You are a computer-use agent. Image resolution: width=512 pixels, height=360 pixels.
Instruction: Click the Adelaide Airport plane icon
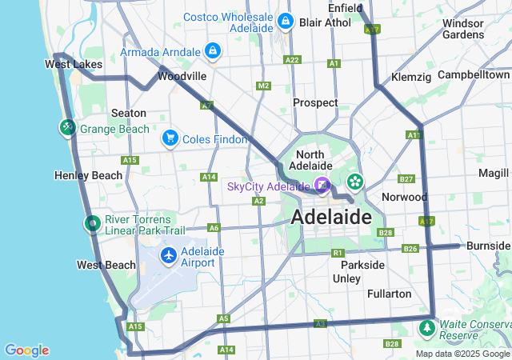pyautogui.click(x=169, y=255)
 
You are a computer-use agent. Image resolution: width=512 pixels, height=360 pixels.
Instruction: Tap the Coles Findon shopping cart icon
pyautogui.click(x=170, y=138)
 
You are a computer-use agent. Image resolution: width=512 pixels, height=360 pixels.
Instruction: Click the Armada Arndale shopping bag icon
pyautogui.click(x=212, y=52)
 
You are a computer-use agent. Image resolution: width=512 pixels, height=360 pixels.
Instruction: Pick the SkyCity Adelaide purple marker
pyautogui.click(x=322, y=186)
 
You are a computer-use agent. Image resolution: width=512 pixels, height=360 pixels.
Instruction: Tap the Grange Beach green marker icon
pyautogui.click(x=67, y=127)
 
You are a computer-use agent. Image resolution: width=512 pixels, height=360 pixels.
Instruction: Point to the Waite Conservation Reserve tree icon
pyautogui.click(x=427, y=327)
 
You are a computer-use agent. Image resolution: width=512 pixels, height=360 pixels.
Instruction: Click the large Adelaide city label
pyautogui.click(x=331, y=217)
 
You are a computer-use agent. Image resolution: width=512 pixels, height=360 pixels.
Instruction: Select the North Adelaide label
pyautogui.click(x=320, y=160)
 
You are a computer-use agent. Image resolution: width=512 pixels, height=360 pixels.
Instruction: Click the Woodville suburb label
pyautogui.click(x=182, y=76)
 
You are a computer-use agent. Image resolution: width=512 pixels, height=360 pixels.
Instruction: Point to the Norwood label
pyautogui.click(x=404, y=197)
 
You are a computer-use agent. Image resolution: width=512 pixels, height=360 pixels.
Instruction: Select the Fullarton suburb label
pyautogui.click(x=389, y=294)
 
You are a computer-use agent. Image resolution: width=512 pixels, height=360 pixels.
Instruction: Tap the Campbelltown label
pyautogui.click(x=474, y=74)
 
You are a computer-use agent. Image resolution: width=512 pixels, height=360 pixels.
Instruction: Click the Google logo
pyautogui.click(x=26, y=350)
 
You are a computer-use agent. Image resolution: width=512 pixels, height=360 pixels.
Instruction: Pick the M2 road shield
pyautogui.click(x=263, y=86)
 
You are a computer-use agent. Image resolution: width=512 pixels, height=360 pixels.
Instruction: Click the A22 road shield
pyautogui.click(x=292, y=60)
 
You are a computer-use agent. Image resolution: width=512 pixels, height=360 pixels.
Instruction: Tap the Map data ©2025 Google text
pyautogui.click(x=462, y=354)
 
